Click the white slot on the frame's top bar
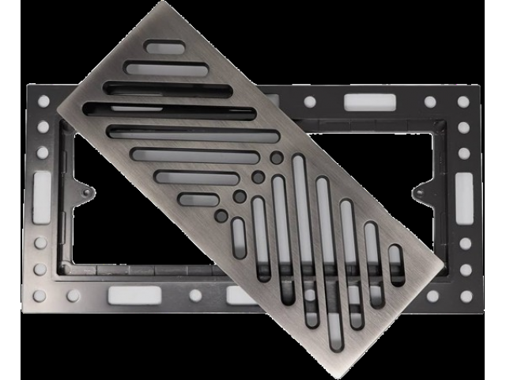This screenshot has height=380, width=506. [x=368, y=102]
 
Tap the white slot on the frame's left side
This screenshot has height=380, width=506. [x=42, y=190]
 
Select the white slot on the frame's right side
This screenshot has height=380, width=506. [x=464, y=190]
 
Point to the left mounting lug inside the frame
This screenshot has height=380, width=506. [x=85, y=190]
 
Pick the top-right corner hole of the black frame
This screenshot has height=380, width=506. [x=463, y=102]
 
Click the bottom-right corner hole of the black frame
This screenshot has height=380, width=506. [x=465, y=295]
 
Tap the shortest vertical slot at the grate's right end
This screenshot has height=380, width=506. [x=396, y=264]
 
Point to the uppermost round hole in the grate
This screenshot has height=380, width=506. [x=276, y=158]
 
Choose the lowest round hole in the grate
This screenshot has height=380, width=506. [x=221, y=215]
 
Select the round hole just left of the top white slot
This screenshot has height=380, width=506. [x=309, y=102]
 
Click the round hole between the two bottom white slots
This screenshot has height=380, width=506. [x=195, y=295]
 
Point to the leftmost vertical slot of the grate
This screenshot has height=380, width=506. [x=238, y=238]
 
